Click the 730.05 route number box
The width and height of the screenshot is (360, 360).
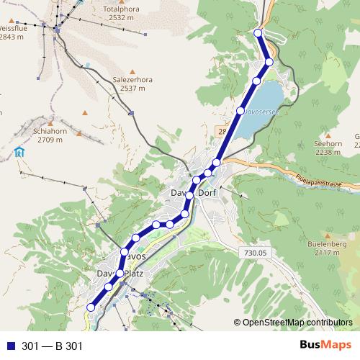[256, 252]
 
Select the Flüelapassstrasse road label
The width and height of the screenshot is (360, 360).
[324, 179]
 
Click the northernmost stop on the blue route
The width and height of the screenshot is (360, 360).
[258, 33]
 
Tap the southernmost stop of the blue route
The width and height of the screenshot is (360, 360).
[91, 307]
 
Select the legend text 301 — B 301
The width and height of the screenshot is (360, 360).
[52, 346]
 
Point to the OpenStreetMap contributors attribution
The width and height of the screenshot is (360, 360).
[297, 323]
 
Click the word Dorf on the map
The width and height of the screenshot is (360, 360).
[207, 194]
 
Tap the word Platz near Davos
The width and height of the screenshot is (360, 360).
[134, 274]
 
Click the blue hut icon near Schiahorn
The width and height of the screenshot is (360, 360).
[19, 152]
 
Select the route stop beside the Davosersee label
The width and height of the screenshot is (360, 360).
[240, 111]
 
